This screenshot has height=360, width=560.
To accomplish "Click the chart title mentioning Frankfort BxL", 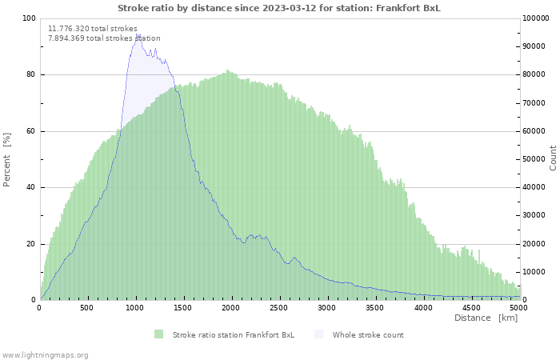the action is tap(279, 8).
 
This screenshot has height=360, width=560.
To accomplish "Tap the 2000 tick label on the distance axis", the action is tap(230, 308).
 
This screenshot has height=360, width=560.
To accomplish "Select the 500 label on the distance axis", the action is tap(86, 308).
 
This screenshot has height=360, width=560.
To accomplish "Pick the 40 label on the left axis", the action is tap(30, 187).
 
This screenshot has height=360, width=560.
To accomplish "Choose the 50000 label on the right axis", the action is tap(534, 159).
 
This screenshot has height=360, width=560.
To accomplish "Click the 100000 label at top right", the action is tap(536, 18).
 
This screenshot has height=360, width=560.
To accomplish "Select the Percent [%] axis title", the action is tap(6, 160).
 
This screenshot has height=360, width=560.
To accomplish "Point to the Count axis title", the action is tap(553, 158).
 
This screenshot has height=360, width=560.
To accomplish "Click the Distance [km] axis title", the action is tap(486, 318).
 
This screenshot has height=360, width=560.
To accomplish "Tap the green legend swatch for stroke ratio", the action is tap(158, 334).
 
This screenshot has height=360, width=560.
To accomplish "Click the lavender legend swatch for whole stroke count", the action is tap(318, 334).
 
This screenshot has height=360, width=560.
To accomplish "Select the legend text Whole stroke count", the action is tap(368, 335).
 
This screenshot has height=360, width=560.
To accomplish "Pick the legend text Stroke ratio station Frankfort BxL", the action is tap(234, 335).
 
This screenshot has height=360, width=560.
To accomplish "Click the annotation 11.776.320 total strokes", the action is tap(93, 29).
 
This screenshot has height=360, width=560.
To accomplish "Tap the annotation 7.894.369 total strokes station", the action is tap(104, 38).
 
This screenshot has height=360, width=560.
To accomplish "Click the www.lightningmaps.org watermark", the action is tap(44, 355).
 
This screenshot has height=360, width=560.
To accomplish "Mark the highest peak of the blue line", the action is tap(137, 34).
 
